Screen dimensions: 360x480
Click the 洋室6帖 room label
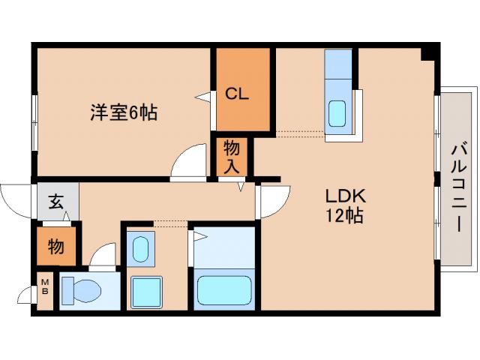(124, 113)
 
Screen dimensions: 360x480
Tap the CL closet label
(238, 94)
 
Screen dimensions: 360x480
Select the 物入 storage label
(232, 157)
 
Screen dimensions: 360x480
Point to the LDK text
(344, 196)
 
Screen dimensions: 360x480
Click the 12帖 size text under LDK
(344, 217)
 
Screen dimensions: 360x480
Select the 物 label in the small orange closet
(56, 246)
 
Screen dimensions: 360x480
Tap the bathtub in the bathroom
(224, 289)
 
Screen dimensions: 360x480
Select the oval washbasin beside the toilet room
(140, 248)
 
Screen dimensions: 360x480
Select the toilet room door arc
(103, 256)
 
